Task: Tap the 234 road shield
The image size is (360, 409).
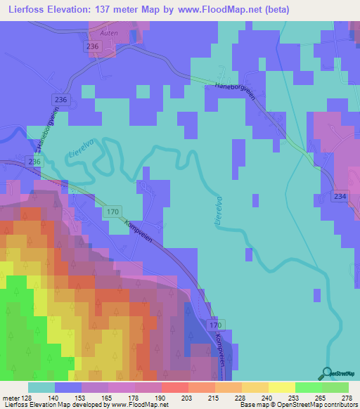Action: pos(340,197)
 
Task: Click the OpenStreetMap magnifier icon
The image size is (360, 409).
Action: pos(328,373)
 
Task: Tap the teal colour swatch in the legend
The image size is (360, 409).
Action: pos(41,387)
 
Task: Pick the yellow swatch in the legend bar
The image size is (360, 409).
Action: pos(281,387)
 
